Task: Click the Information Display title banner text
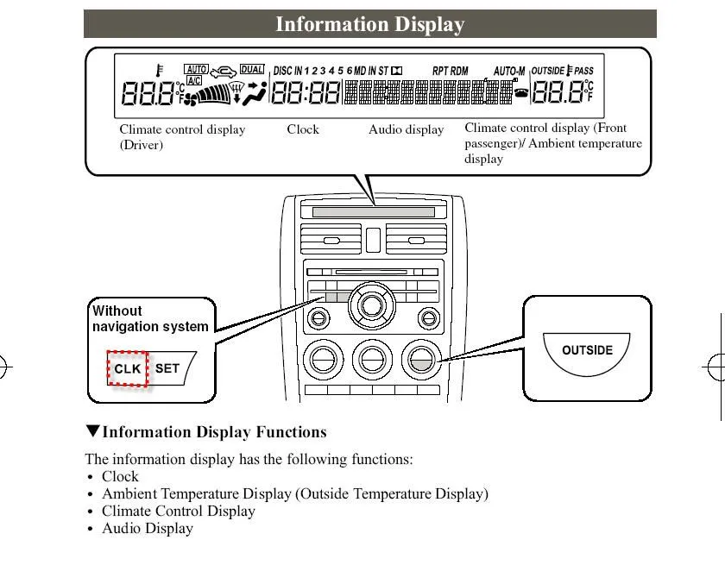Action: (x=369, y=25)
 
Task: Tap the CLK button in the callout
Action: (x=127, y=368)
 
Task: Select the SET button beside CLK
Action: (x=167, y=368)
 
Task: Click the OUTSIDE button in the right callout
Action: (x=587, y=350)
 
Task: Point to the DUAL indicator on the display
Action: (x=252, y=69)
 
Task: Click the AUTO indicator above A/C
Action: (x=196, y=69)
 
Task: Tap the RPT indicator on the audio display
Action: (x=440, y=71)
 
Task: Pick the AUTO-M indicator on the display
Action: (x=509, y=71)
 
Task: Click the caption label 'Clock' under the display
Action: (x=303, y=129)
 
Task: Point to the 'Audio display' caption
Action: (x=406, y=129)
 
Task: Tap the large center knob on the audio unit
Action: (x=372, y=304)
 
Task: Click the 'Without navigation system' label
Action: (x=150, y=318)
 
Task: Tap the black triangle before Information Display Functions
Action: (x=92, y=431)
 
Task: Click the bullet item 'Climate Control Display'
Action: (x=179, y=511)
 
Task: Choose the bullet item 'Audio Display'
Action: (x=148, y=528)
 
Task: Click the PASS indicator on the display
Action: (x=583, y=71)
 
